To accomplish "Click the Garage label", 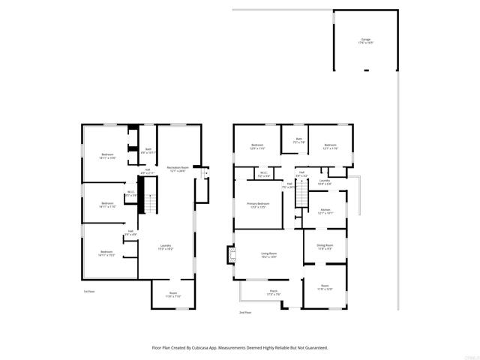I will [365, 40].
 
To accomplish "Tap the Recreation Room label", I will [176, 168].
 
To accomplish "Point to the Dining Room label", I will [324, 245].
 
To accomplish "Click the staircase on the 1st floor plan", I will [149, 202].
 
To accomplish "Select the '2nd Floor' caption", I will [244, 311].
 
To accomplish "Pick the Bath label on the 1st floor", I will [148, 149].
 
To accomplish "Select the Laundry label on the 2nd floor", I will [325, 181].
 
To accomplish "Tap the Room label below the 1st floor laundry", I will [172, 293].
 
